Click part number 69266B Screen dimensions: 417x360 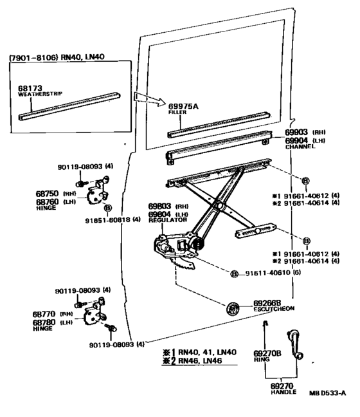[267, 301]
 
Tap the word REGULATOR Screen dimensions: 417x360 [167, 221]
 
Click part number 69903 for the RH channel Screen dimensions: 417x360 [297, 131]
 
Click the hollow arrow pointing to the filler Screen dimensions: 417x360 [145, 98]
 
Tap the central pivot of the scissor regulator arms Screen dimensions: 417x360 [219, 206]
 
